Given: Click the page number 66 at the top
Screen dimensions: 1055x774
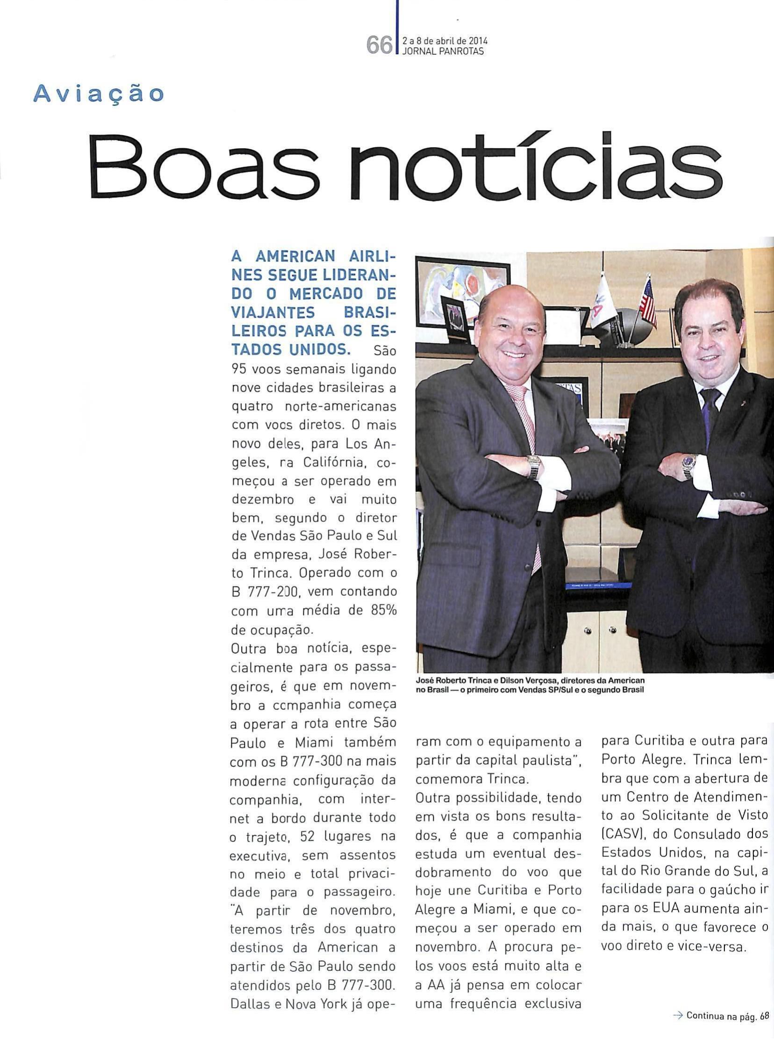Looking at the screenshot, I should point(379,45).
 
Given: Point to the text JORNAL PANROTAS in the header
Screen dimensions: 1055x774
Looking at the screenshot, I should point(443,52).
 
